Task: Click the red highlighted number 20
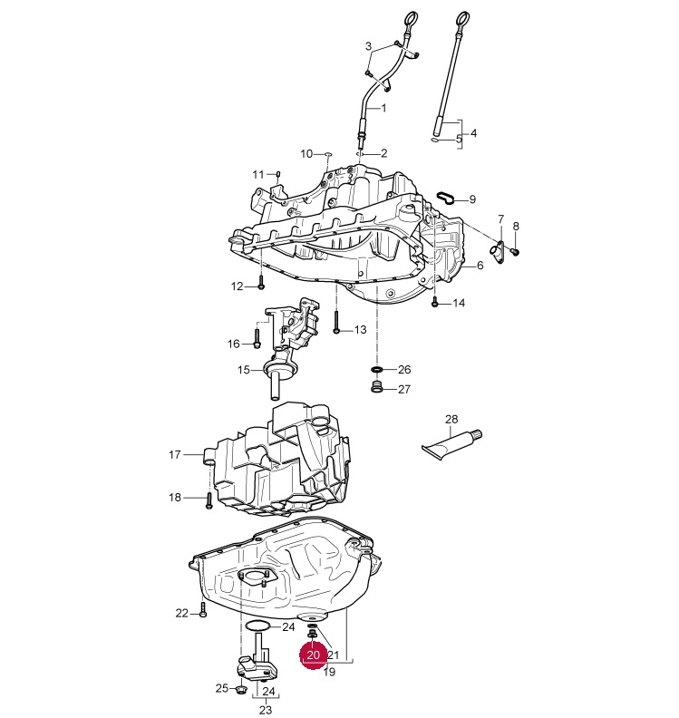pyautogui.click(x=313, y=655)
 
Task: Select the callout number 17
pyautogui.click(x=175, y=455)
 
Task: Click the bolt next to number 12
pyautogui.click(x=261, y=282)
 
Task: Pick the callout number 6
pyautogui.click(x=480, y=265)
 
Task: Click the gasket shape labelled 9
pyautogui.click(x=446, y=197)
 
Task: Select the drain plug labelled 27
pyautogui.click(x=376, y=386)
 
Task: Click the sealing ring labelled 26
pyautogui.click(x=376, y=369)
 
